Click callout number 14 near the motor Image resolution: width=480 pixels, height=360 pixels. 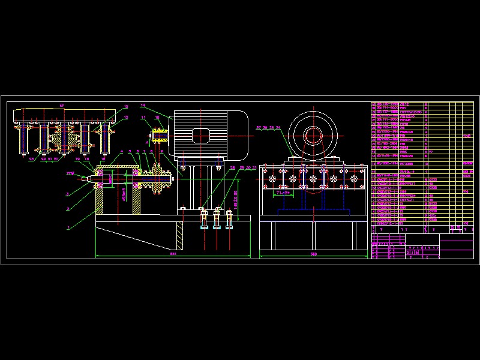tap(143, 105)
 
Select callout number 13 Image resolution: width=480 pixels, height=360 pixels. tap(126, 107)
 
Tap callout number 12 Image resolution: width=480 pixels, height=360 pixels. tap(126, 117)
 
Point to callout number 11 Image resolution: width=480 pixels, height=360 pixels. tap(144, 118)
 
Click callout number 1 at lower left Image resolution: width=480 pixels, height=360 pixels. tap(68, 227)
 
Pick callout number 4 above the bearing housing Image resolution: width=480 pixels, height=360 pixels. tap(122, 152)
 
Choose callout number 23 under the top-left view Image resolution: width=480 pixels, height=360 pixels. tap(32, 159)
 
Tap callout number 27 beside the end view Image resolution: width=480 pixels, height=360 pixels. tap(259, 128)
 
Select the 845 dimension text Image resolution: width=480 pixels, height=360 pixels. tap(173, 254)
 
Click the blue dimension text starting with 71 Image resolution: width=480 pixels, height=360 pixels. tap(282, 193)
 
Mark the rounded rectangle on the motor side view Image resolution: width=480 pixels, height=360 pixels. tap(200, 136)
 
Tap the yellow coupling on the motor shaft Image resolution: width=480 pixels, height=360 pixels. tap(160, 136)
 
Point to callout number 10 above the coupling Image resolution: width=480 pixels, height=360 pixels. tap(157, 118)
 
